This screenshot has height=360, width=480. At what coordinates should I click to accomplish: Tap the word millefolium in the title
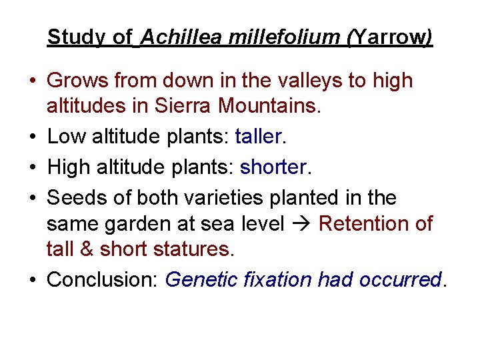[284, 37]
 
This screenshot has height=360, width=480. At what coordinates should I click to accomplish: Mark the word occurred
[399, 279]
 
